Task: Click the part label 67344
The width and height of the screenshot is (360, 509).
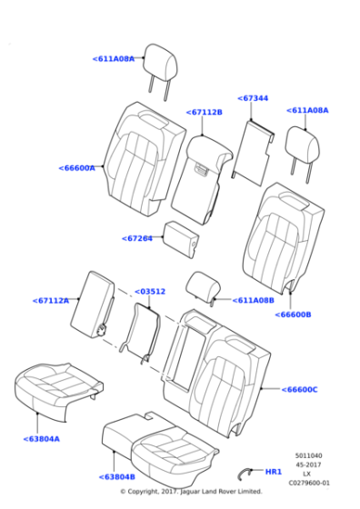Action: [253, 98]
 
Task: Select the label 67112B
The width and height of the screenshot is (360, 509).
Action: [205, 112]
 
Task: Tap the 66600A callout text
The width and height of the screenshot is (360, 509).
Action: [77, 168]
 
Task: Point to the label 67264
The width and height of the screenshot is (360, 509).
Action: [137, 238]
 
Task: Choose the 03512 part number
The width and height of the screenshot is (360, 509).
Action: [150, 292]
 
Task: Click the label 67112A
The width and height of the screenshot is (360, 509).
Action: [51, 301]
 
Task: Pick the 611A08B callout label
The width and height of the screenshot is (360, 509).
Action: [254, 300]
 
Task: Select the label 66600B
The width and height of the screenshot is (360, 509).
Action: [293, 314]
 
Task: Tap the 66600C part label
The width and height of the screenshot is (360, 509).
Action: [300, 389]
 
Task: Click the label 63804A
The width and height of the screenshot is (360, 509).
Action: [42, 439]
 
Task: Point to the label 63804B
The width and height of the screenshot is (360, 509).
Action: [117, 477]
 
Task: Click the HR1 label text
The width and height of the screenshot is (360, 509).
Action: [274, 472]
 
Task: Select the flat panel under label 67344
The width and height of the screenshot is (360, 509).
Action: [254, 153]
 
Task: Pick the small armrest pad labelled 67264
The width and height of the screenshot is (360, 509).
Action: [181, 238]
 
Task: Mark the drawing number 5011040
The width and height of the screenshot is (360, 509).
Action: [308, 455]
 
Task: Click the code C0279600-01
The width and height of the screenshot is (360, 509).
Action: [309, 483]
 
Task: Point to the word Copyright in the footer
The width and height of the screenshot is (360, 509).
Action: [143, 492]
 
